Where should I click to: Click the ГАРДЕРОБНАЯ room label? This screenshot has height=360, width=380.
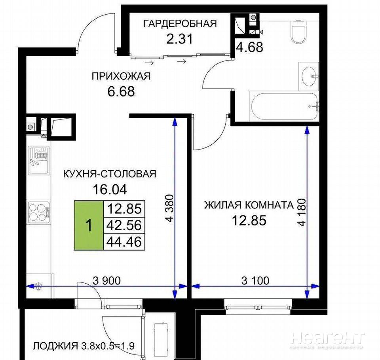180,24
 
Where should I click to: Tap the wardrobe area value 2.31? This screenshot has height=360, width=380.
180,39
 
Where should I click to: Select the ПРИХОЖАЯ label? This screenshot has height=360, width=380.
121,76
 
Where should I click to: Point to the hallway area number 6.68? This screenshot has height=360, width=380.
121,91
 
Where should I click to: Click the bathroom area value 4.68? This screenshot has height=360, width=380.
250,47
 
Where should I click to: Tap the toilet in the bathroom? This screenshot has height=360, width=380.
298,32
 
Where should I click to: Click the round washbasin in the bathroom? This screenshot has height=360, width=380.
309,76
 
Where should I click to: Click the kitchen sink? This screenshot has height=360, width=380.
38,160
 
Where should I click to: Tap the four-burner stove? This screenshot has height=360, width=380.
39,212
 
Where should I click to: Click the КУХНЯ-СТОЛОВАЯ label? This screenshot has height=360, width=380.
110,174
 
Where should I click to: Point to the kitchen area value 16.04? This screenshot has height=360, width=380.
110,189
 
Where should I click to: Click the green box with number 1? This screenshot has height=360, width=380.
89,225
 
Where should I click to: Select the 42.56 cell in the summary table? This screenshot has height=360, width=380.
124,225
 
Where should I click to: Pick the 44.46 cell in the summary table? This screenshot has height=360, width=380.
124,242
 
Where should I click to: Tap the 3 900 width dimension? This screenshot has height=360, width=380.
106,281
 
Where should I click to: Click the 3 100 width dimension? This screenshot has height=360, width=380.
255,281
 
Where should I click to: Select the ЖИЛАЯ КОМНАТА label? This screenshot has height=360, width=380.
249,205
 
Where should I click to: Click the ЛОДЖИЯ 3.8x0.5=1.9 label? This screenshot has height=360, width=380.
84,346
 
